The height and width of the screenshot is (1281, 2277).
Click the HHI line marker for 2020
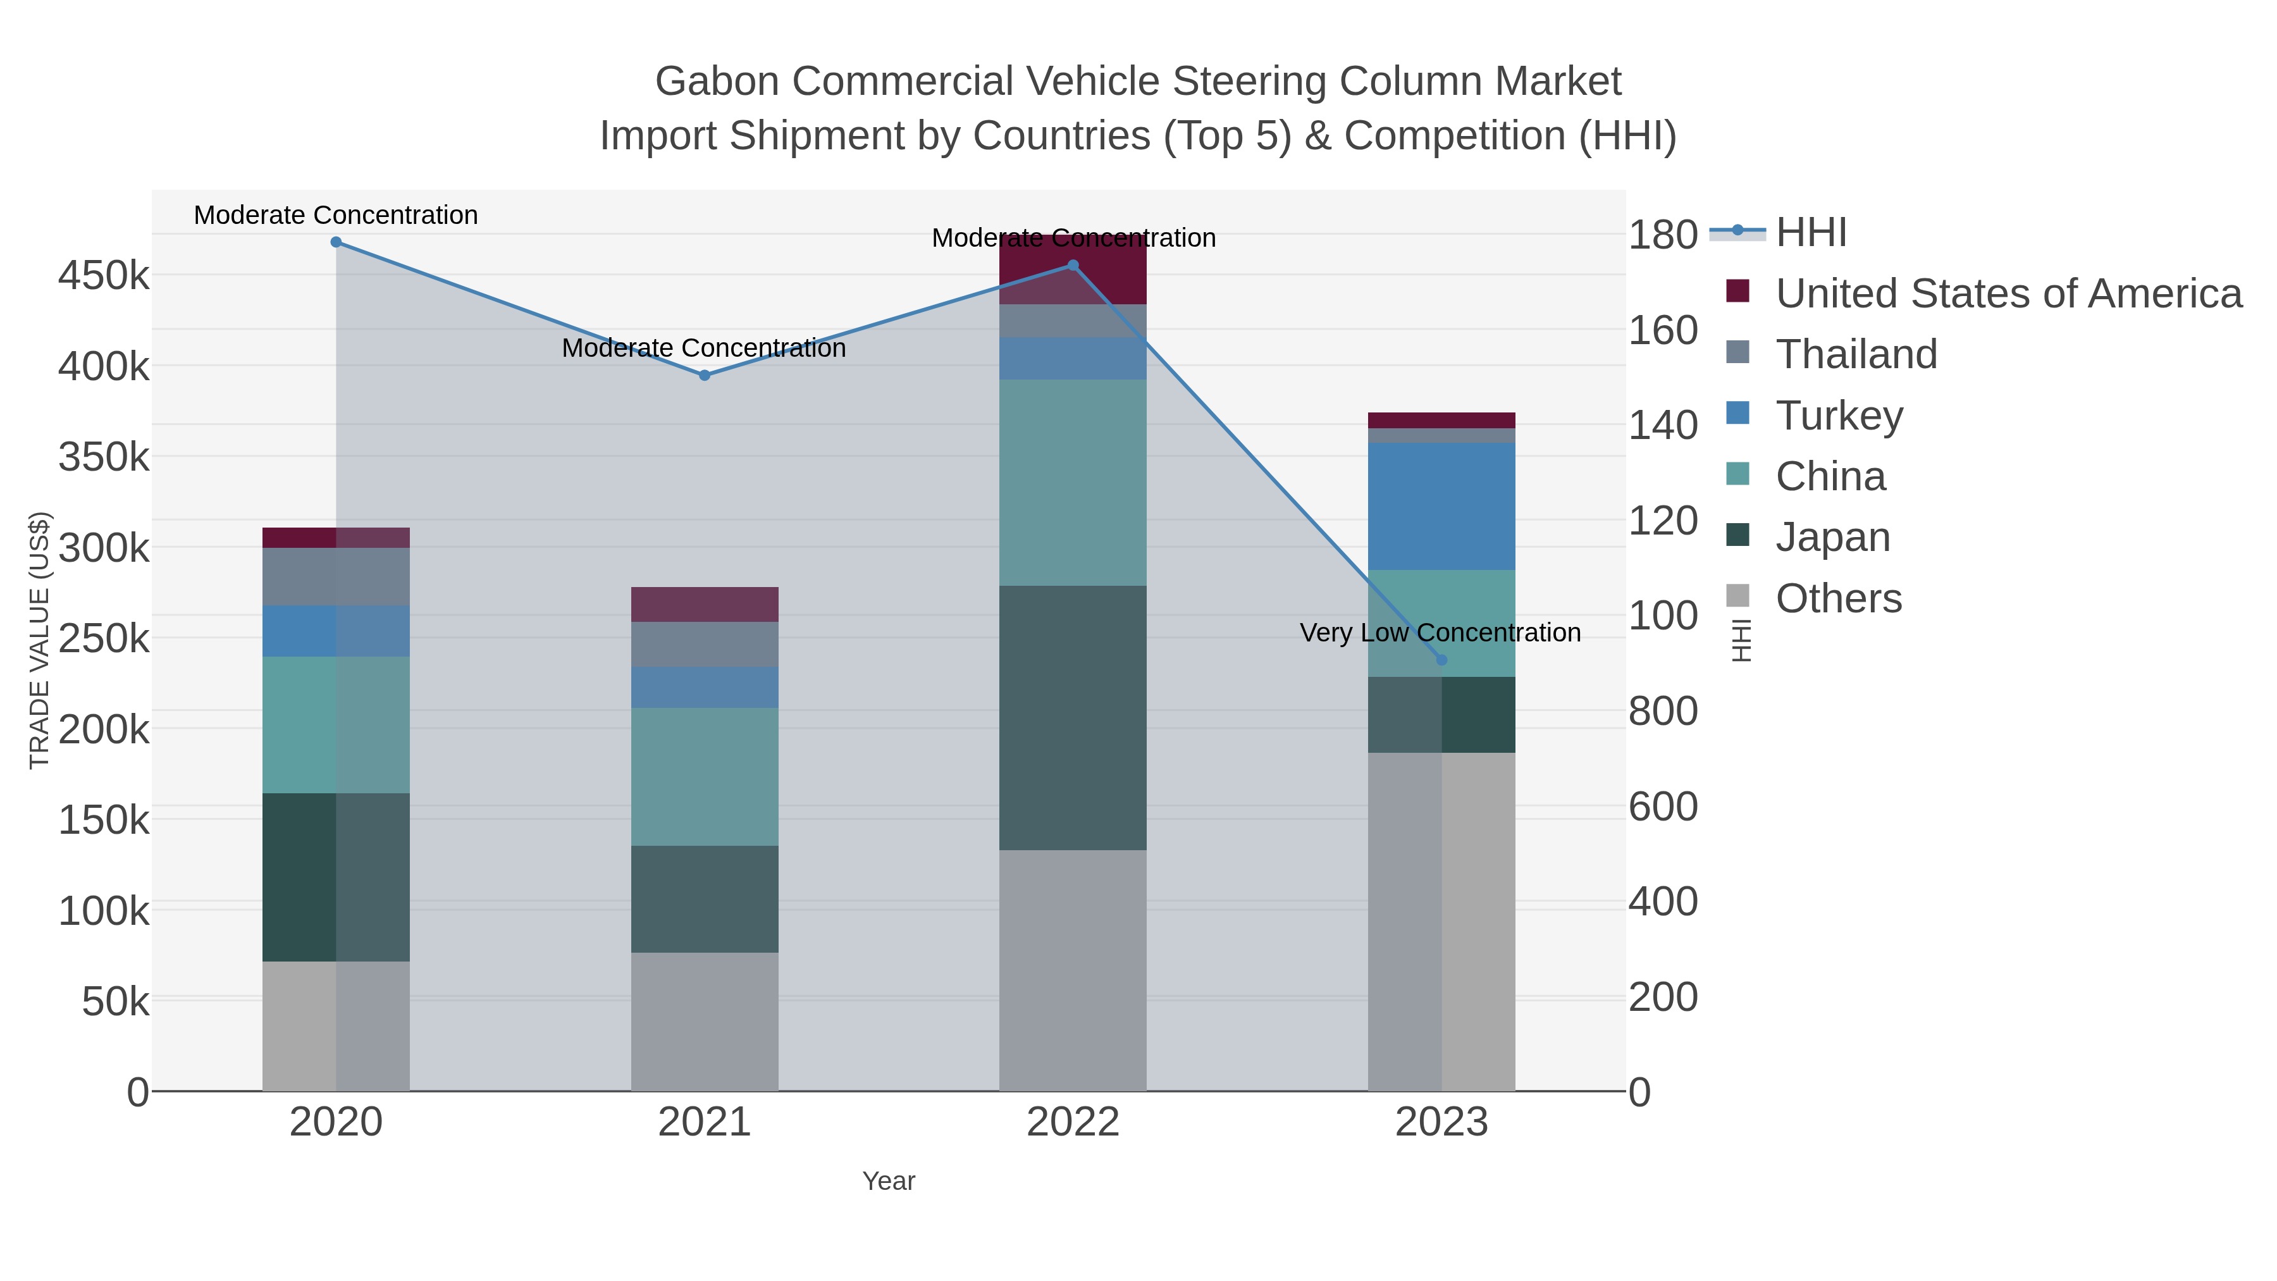(x=336, y=242)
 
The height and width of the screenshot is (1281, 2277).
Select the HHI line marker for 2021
(x=705, y=376)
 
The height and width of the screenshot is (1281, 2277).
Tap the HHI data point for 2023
(x=1441, y=660)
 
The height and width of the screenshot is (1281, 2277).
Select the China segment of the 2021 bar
(x=705, y=776)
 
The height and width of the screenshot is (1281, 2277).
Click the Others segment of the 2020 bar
(x=336, y=1025)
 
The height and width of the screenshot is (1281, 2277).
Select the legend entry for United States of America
(x=2006, y=294)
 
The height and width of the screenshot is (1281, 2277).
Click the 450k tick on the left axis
(x=104, y=276)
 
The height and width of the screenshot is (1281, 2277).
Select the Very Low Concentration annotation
(x=1440, y=633)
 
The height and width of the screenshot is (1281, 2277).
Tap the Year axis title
(x=889, y=1181)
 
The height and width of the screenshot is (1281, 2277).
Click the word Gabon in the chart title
(x=717, y=82)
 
